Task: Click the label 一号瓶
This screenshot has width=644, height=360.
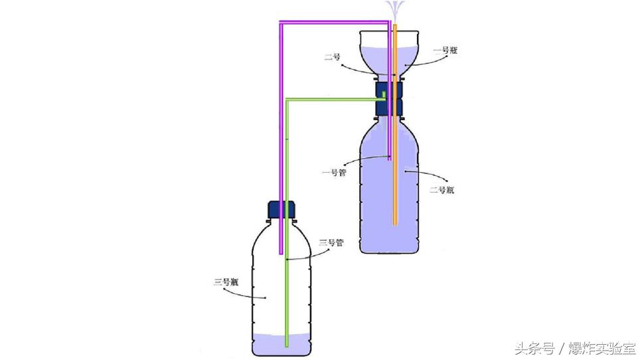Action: pos(445,50)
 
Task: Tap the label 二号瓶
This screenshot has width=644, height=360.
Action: pos(442,190)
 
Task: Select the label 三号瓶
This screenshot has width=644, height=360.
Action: pos(226,282)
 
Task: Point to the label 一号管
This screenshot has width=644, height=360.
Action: pos(335,173)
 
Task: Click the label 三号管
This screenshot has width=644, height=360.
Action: pos(331,242)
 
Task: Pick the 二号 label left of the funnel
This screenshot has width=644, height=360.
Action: pos(332,56)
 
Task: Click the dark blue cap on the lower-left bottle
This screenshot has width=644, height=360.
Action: pos(282,210)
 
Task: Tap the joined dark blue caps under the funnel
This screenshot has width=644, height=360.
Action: pos(389,98)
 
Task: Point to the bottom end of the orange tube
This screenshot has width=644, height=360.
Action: pos(394,225)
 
